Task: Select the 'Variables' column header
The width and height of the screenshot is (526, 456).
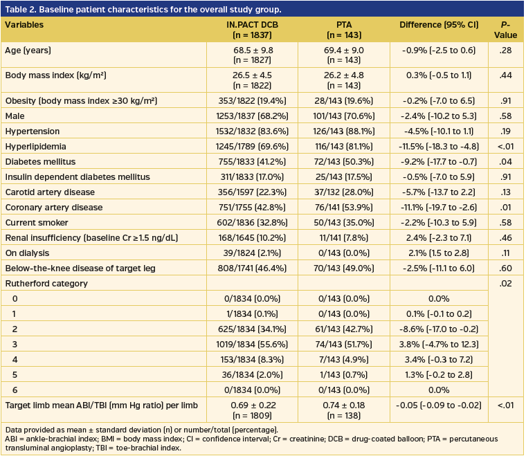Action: click(x=24, y=25)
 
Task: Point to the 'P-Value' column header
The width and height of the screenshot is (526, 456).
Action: click(x=505, y=30)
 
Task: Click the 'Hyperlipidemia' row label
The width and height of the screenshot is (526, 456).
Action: click(x=32, y=146)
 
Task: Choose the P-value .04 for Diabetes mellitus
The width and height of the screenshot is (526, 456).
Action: click(x=505, y=161)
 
